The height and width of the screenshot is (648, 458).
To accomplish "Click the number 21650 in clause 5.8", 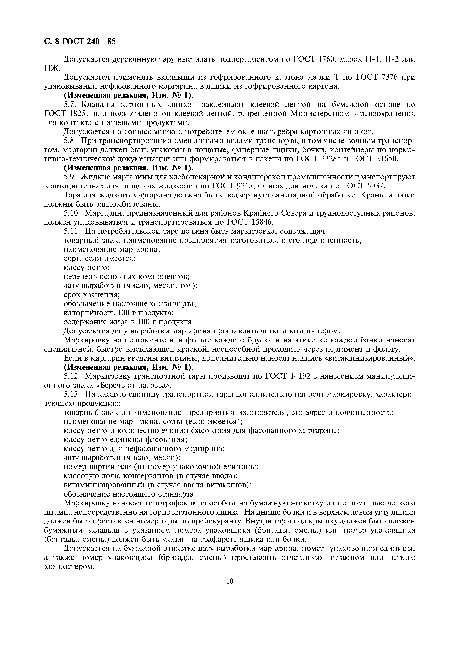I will pyautogui.click(x=387, y=159).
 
